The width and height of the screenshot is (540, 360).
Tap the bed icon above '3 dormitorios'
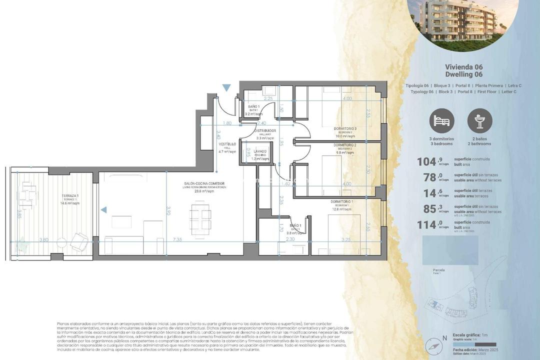pyautogui.click(x=442, y=120)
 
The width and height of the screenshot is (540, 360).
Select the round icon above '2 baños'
pyautogui.click(x=479, y=120)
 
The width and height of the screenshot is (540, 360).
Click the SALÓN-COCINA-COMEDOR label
pyautogui.click(x=204, y=184)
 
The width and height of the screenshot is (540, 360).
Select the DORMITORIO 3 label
pyautogui.click(x=345, y=128)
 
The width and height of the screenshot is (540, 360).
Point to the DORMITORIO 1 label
pyautogui.click(x=341, y=201)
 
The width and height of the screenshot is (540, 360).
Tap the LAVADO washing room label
pyautogui.click(x=260, y=151)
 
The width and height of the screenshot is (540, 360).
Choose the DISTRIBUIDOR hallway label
pyautogui.click(x=264, y=131)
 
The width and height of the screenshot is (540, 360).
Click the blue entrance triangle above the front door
pyautogui.click(x=226, y=88)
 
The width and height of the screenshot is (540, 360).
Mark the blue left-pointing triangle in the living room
pyautogui.click(x=103, y=210)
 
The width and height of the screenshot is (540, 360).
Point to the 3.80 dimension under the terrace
pyautogui.click(x=43, y=240)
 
